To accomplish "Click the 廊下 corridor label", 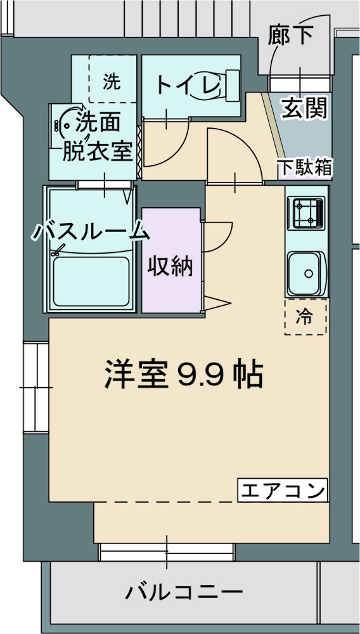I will pos(290,36).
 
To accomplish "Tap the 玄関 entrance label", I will pos(304,108).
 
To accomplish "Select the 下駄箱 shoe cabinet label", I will pos(304,167).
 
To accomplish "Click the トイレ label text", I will pos(184,84).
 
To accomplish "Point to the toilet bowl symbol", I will pos(219,85).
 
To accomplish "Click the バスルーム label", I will pos(92,232).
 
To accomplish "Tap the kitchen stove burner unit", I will pos(307,212).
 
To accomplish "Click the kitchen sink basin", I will pos(307,273).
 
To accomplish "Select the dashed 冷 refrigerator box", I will pos(305,316).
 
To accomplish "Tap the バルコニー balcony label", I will pos(184,593).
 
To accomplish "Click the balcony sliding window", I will pos(167,552).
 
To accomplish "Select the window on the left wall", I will pos(35,387).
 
